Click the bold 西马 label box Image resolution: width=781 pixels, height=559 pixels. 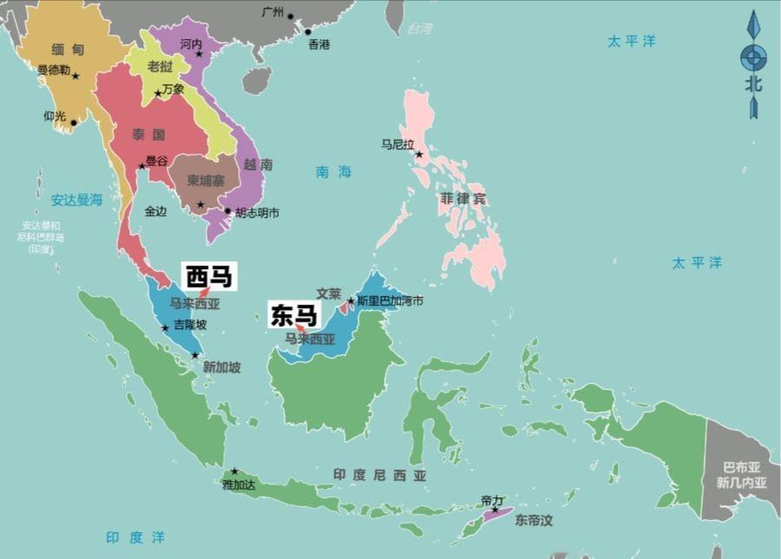pyautogui.click(x=209, y=277)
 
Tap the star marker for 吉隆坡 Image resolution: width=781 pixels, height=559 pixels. pyautogui.click(x=165, y=327)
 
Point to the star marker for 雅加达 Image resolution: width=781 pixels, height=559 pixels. pyautogui.click(x=234, y=471)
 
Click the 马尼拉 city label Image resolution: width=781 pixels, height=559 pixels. pyautogui.click(x=398, y=145)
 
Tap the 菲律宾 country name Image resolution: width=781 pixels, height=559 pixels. pyautogui.click(x=463, y=199)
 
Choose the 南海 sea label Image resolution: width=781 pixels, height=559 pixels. pyautogui.click(x=334, y=172)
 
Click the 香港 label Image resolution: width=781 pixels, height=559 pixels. pyautogui.click(x=319, y=44)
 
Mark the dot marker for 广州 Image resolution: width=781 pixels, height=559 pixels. pyautogui.click(x=291, y=16)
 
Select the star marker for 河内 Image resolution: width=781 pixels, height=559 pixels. pyautogui.click(x=199, y=55)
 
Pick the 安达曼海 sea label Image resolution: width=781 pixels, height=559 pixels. pyautogui.click(x=76, y=200)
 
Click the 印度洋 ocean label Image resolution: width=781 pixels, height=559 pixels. pyautogui.click(x=135, y=537)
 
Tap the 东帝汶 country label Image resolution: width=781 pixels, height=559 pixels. pyautogui.click(x=533, y=521)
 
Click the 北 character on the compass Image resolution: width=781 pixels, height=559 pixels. pyautogui.click(x=753, y=84)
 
